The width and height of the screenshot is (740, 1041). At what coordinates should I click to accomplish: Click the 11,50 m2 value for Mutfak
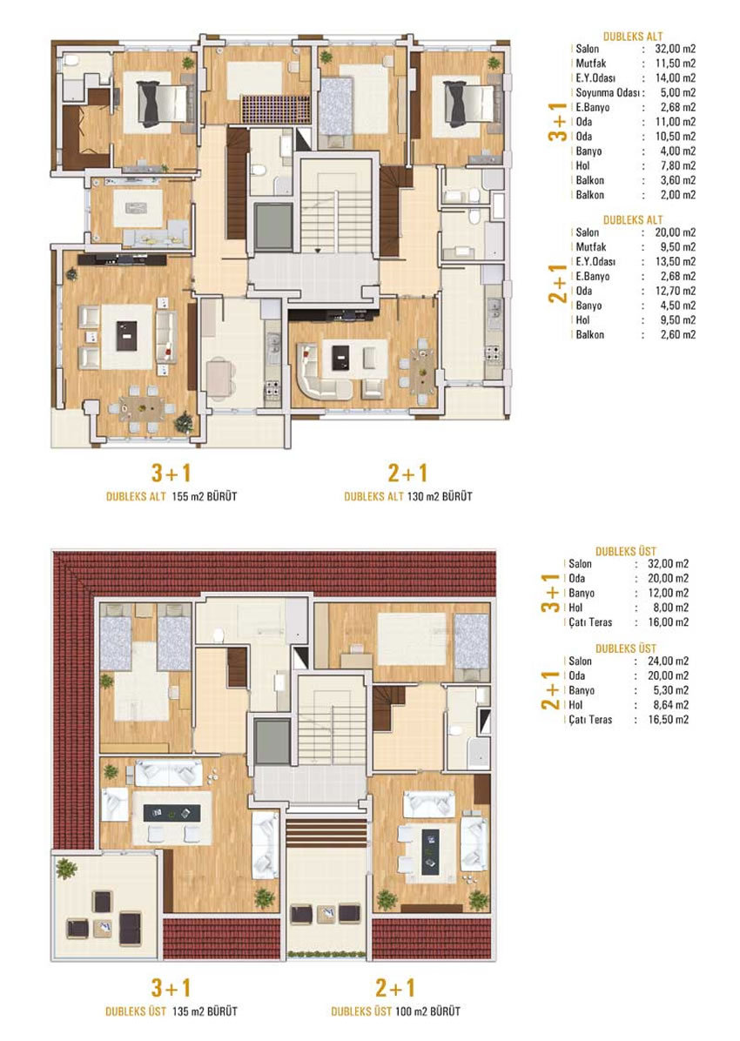tap(676, 64)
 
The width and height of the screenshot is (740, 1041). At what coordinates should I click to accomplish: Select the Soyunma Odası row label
tap(607, 93)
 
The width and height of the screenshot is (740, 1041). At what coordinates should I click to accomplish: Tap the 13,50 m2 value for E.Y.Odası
tap(676, 262)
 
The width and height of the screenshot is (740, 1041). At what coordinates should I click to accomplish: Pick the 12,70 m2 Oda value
tap(676, 291)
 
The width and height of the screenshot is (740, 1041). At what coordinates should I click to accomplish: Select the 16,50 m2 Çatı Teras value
tap(669, 720)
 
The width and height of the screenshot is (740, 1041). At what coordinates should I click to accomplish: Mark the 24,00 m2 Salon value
tap(669, 662)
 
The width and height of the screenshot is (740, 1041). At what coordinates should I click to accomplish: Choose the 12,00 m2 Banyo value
tap(669, 593)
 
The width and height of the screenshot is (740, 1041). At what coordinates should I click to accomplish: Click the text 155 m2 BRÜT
tap(204, 497)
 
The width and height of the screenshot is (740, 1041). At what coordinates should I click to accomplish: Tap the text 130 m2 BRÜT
tap(440, 497)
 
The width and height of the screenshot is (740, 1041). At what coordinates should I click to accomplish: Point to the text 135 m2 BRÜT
tap(204, 1011)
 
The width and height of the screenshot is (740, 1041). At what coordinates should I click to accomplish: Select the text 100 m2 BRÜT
tap(427, 1011)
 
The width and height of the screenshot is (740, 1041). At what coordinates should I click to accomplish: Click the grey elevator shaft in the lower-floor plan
tap(273, 226)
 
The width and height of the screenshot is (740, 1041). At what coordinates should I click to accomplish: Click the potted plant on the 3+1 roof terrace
tap(66, 869)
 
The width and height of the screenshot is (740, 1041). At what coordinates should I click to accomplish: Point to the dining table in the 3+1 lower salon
tap(142, 407)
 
